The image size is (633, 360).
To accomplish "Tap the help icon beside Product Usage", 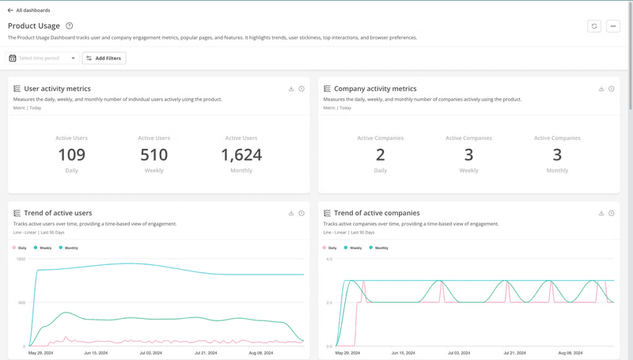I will (x=70, y=26).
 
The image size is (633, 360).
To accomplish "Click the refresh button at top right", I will (x=594, y=26).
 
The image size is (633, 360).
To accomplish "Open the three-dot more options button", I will (x=613, y=26).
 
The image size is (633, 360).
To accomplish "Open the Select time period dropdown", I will (x=43, y=58).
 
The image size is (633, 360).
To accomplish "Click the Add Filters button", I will (x=104, y=58).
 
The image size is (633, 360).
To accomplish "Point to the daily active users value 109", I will (x=71, y=155).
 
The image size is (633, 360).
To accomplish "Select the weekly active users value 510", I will (x=154, y=155).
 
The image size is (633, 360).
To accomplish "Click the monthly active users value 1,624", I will (x=241, y=155).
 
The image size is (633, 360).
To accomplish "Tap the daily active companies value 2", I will (x=381, y=155).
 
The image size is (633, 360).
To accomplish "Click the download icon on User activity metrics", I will (x=291, y=89).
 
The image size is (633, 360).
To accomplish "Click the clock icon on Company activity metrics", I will (x=612, y=89).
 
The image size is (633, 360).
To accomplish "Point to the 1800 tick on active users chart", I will (x=21, y=259).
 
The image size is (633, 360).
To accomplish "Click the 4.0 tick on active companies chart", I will (x=328, y=259).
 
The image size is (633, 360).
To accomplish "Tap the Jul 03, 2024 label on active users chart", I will (x=150, y=353).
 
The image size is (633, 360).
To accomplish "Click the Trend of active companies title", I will (x=377, y=213).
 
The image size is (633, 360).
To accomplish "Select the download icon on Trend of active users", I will (x=291, y=213).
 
